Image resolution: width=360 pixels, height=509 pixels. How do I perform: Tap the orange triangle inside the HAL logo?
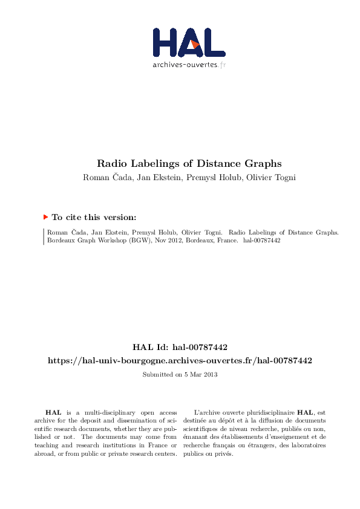[194, 44]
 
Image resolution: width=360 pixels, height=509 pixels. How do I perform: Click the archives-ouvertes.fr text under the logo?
[189, 65]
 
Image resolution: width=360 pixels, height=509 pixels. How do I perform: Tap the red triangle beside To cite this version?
[45, 216]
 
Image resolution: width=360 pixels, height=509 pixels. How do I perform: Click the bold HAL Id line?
[180, 347]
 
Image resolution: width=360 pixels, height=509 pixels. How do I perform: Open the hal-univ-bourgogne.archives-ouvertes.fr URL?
[180, 360]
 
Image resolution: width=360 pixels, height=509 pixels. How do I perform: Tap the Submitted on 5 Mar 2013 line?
[180, 375]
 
